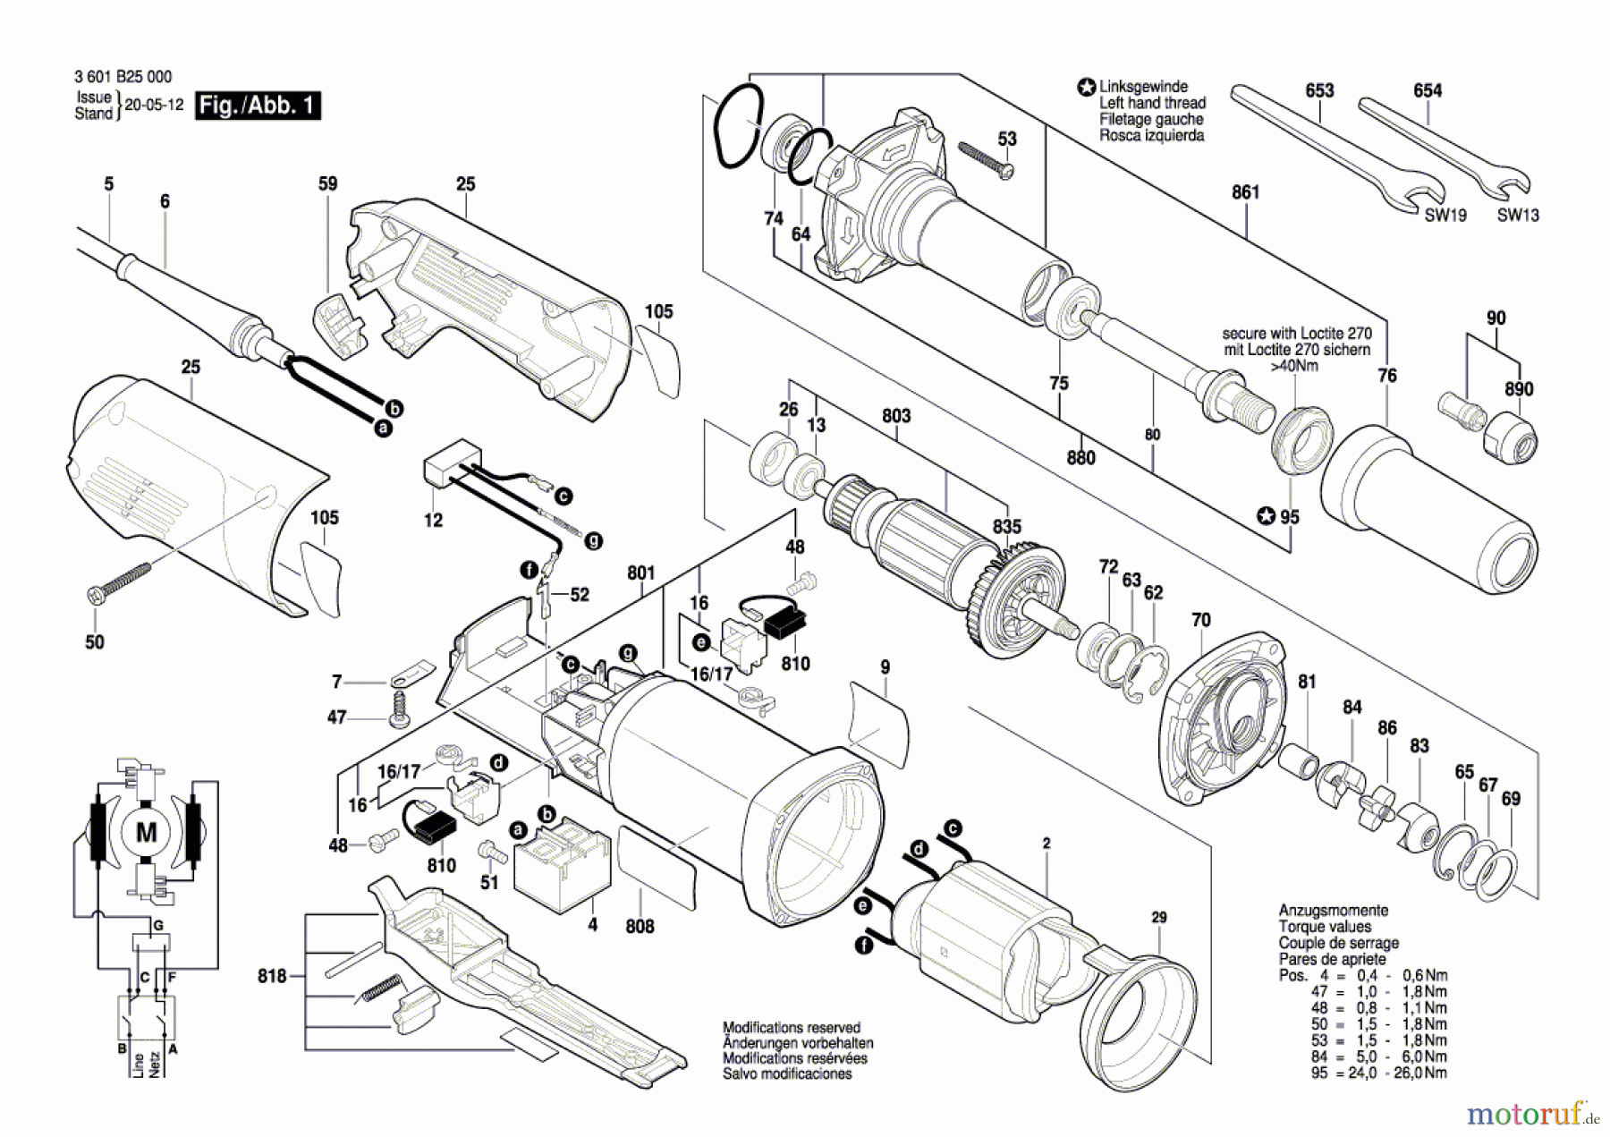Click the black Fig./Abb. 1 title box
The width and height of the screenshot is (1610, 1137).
257,106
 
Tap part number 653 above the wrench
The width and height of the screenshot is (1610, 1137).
1319,90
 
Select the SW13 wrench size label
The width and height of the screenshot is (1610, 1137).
1518,215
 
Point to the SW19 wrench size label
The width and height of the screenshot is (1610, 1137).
1445,215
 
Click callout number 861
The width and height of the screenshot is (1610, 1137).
1245,192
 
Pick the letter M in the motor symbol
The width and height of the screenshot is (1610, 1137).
146,834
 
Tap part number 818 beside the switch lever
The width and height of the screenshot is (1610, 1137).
272,976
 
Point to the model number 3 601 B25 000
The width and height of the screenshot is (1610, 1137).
123,77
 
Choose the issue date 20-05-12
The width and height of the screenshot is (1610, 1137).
154,105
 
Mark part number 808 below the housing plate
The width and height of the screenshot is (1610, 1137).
640,927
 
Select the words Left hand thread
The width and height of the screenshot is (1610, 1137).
1152,103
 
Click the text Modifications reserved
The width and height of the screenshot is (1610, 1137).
792,1028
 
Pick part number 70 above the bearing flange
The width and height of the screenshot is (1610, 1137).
1200,620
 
